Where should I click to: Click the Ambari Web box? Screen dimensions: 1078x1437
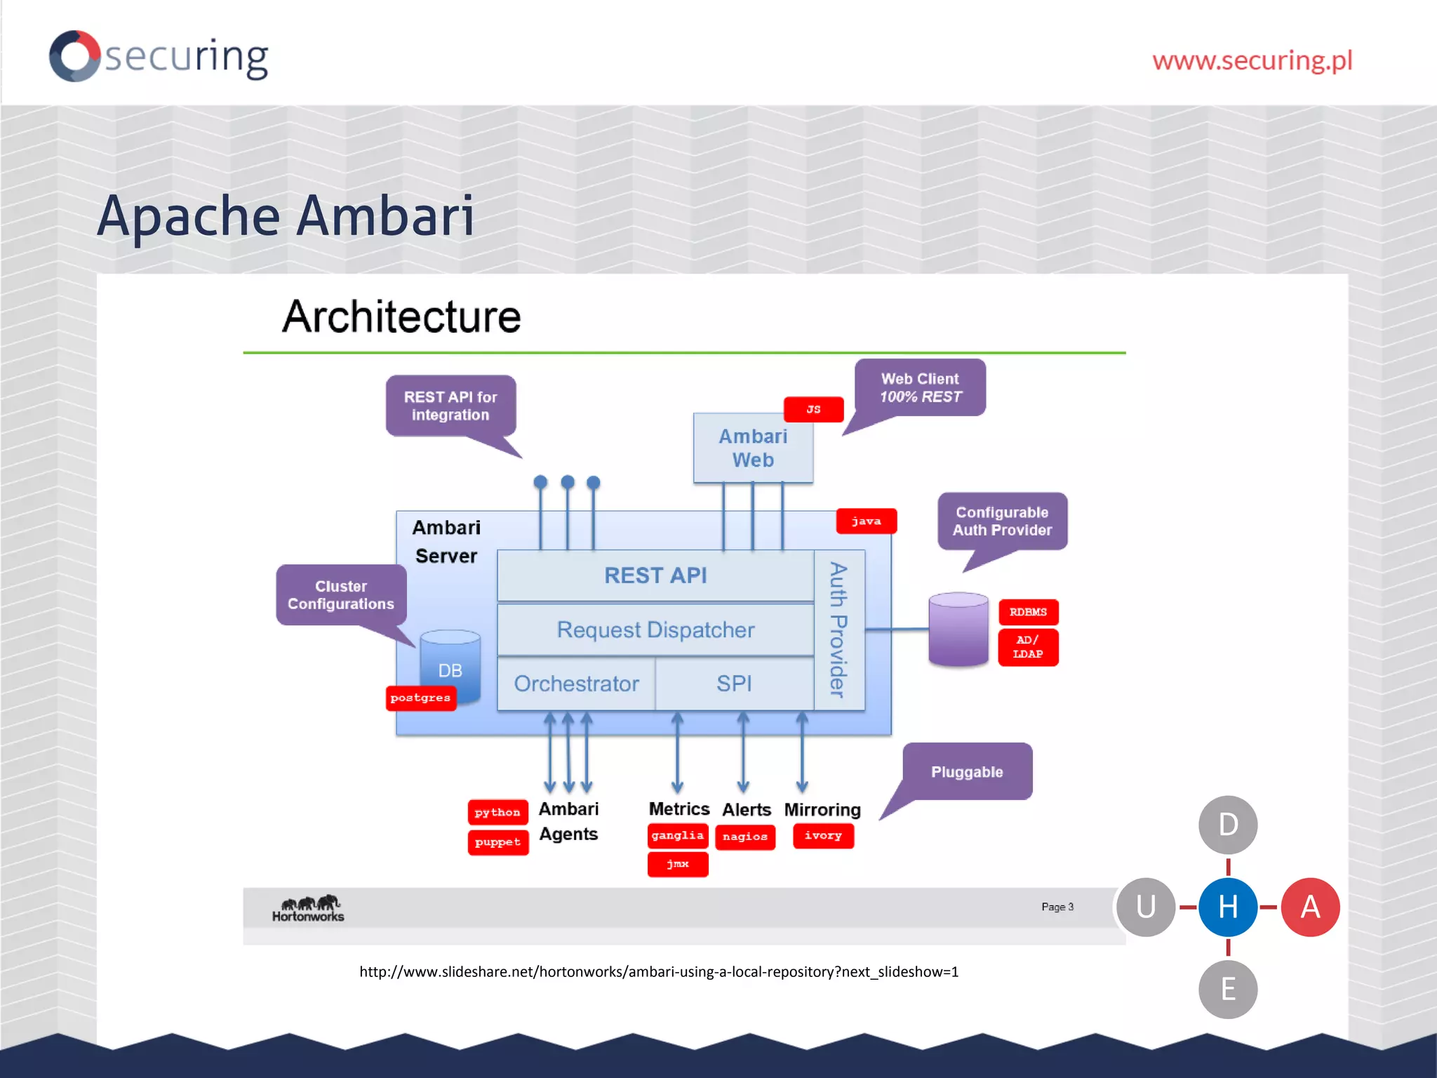753,448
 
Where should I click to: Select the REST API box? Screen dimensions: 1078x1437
655,575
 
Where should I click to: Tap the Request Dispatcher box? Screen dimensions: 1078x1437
655,630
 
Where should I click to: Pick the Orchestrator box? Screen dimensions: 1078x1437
576,684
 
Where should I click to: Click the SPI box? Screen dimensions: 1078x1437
734,684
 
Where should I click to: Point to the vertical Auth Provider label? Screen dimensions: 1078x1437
838,630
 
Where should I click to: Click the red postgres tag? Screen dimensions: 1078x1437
421,698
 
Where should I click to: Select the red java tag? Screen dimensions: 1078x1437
866,521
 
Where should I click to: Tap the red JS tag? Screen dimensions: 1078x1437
813,409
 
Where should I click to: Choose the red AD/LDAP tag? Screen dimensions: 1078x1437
1028,647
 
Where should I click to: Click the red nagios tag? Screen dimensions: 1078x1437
745,837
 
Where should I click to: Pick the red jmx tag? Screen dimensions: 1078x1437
678,864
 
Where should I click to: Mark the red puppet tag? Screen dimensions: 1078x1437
497,842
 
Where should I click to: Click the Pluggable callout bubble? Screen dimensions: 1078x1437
967,772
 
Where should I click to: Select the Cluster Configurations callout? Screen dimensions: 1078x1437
341,594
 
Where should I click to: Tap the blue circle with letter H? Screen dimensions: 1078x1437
1228,907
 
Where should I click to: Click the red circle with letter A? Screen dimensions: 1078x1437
1310,907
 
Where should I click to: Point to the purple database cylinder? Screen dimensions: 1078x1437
958,630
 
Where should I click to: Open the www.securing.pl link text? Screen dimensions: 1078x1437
1252,60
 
